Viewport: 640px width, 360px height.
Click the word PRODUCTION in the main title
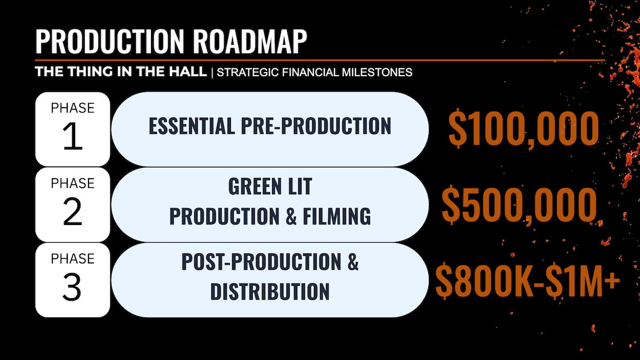click(110, 42)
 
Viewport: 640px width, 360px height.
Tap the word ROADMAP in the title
click(250, 42)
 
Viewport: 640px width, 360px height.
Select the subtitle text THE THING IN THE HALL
click(121, 71)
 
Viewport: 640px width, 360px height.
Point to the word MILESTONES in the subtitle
click(377, 72)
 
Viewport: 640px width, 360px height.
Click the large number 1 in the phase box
click(73, 137)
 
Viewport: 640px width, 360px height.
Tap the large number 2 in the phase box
click(73, 212)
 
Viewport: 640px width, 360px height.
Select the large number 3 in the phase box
click(71, 287)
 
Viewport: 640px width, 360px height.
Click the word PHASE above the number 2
click(73, 183)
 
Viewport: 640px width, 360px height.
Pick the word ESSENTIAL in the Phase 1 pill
click(191, 126)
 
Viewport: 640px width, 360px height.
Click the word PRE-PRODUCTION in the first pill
click(316, 126)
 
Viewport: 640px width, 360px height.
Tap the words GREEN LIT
click(270, 187)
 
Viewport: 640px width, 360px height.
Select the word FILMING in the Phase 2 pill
click(337, 216)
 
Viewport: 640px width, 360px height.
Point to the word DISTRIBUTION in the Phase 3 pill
click(270, 291)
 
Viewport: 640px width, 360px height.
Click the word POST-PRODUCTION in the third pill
click(261, 261)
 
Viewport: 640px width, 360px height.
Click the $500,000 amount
click(519, 205)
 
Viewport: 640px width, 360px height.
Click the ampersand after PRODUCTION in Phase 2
click(291, 216)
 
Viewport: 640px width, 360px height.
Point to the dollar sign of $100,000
click(458, 129)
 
